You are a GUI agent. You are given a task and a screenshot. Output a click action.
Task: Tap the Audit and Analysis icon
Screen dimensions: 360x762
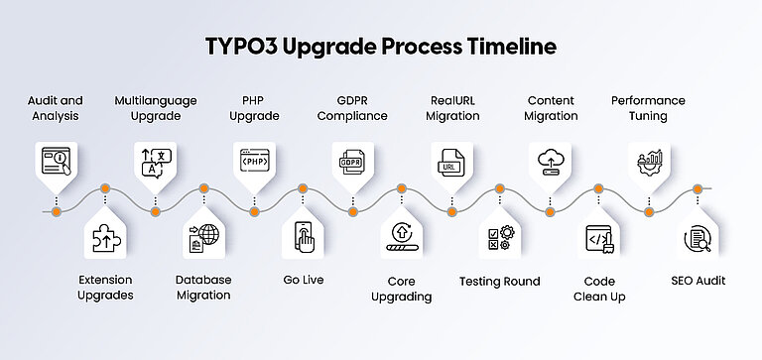pyautogui.click(x=56, y=160)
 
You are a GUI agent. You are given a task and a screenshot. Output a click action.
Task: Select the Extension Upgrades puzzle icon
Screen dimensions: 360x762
pyautogui.click(x=104, y=237)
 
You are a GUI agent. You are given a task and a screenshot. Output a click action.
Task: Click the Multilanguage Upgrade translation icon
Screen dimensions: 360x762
pyautogui.click(x=154, y=160)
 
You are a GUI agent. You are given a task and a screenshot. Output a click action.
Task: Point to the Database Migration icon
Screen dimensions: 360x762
pyautogui.click(x=203, y=237)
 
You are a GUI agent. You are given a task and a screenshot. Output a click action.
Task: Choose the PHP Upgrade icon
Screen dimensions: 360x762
pyautogui.click(x=253, y=160)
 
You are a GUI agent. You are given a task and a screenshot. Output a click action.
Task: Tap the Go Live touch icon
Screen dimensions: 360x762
pyautogui.click(x=303, y=237)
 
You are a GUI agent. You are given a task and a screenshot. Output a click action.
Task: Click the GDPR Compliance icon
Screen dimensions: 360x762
pyautogui.click(x=352, y=160)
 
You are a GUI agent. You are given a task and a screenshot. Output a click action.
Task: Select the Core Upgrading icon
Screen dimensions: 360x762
pyautogui.click(x=402, y=237)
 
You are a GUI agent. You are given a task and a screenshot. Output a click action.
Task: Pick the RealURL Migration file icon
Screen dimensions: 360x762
pyautogui.click(x=451, y=160)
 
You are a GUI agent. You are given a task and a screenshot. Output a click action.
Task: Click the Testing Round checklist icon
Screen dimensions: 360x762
pyautogui.click(x=499, y=237)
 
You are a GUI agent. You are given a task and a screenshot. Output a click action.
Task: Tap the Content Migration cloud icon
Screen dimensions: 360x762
pyautogui.click(x=550, y=160)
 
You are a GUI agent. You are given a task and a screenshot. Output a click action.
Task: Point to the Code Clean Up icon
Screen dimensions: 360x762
pyautogui.click(x=598, y=237)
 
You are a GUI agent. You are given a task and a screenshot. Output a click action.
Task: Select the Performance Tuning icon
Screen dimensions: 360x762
pyautogui.click(x=649, y=160)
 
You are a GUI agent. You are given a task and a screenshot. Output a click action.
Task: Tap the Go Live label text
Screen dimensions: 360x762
pyautogui.click(x=303, y=281)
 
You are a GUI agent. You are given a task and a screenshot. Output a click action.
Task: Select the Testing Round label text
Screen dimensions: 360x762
pyautogui.click(x=499, y=281)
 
